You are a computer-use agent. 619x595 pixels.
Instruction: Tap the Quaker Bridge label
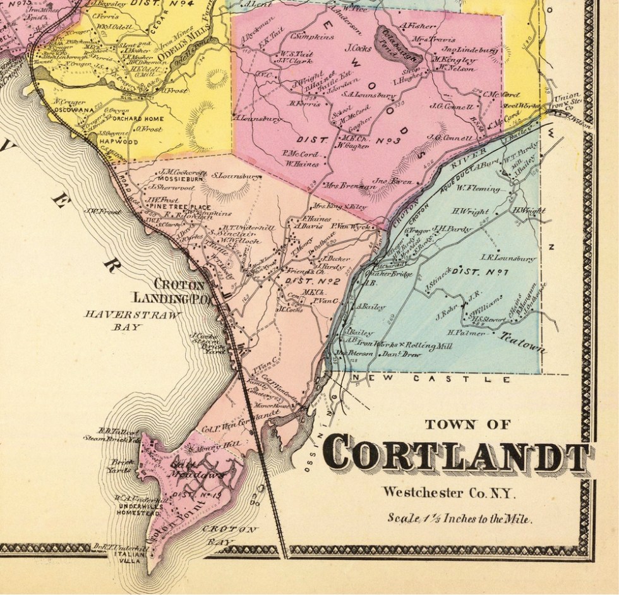394,274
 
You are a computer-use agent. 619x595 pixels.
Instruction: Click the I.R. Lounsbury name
508,258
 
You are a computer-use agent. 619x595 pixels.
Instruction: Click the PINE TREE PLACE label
179,207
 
